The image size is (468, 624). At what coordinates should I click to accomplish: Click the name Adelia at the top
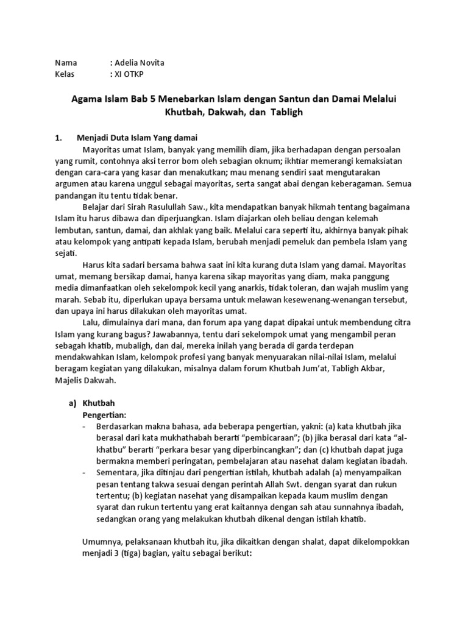[127, 63]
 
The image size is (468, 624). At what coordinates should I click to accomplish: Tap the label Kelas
[65, 74]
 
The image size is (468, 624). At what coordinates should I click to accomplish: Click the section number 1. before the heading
[59, 138]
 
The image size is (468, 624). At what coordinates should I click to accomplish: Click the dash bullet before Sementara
[85, 473]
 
